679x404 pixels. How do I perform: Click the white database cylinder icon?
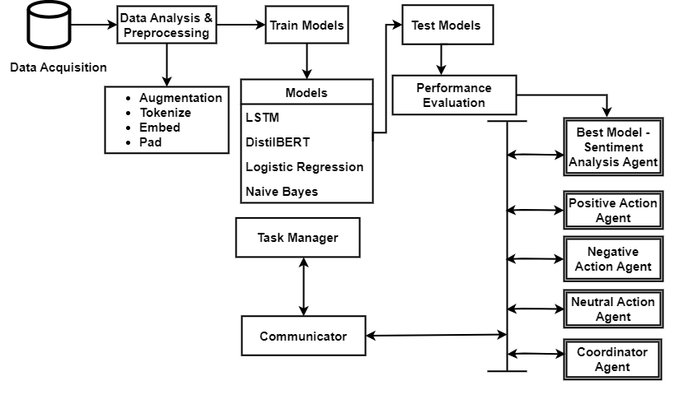pos(49,25)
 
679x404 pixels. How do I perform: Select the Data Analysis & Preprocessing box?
pos(166,26)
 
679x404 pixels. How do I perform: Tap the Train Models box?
pos(307,26)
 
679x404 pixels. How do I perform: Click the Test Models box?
pos(447,26)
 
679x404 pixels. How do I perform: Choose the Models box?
pos(307,92)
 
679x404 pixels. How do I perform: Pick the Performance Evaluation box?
pos(453,95)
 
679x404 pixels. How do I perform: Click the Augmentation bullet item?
pos(180,98)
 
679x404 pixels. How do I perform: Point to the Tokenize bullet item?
pos(165,113)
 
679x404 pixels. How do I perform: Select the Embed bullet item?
pos(159,128)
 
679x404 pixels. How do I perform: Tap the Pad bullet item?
pos(150,142)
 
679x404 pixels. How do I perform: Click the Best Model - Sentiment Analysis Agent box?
pos(613,147)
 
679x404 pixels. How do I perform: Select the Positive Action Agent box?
pos(613,211)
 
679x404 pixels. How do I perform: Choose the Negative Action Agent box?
pos(613,259)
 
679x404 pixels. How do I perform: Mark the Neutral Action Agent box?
pos(613,309)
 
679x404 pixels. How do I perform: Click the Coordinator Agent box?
pos(613,360)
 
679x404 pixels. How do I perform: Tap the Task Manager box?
pos(297,238)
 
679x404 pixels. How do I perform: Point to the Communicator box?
pos(303,337)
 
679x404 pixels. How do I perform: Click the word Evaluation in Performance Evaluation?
pos(453,103)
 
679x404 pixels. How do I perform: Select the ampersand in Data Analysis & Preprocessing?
pos(208,18)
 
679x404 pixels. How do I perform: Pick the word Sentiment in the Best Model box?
pos(613,147)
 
